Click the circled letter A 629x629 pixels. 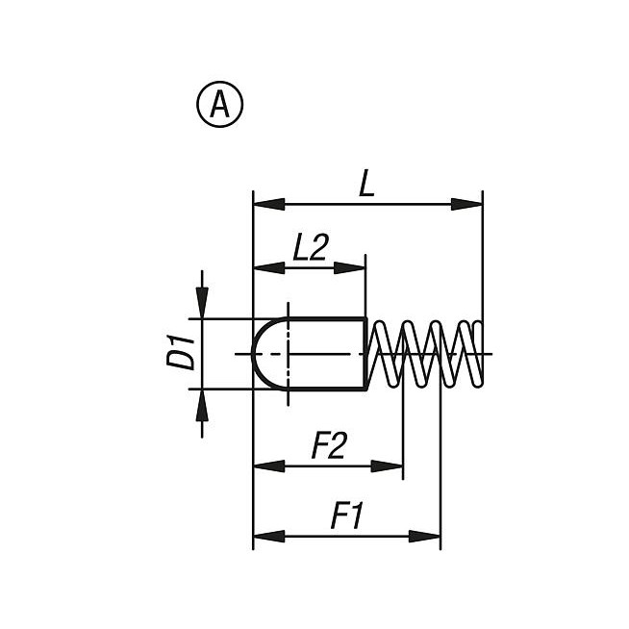click(219, 105)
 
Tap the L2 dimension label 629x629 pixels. click(311, 248)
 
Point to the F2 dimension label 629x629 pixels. click(329, 447)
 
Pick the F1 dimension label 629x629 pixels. click(346, 517)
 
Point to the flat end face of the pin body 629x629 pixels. click(365, 353)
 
